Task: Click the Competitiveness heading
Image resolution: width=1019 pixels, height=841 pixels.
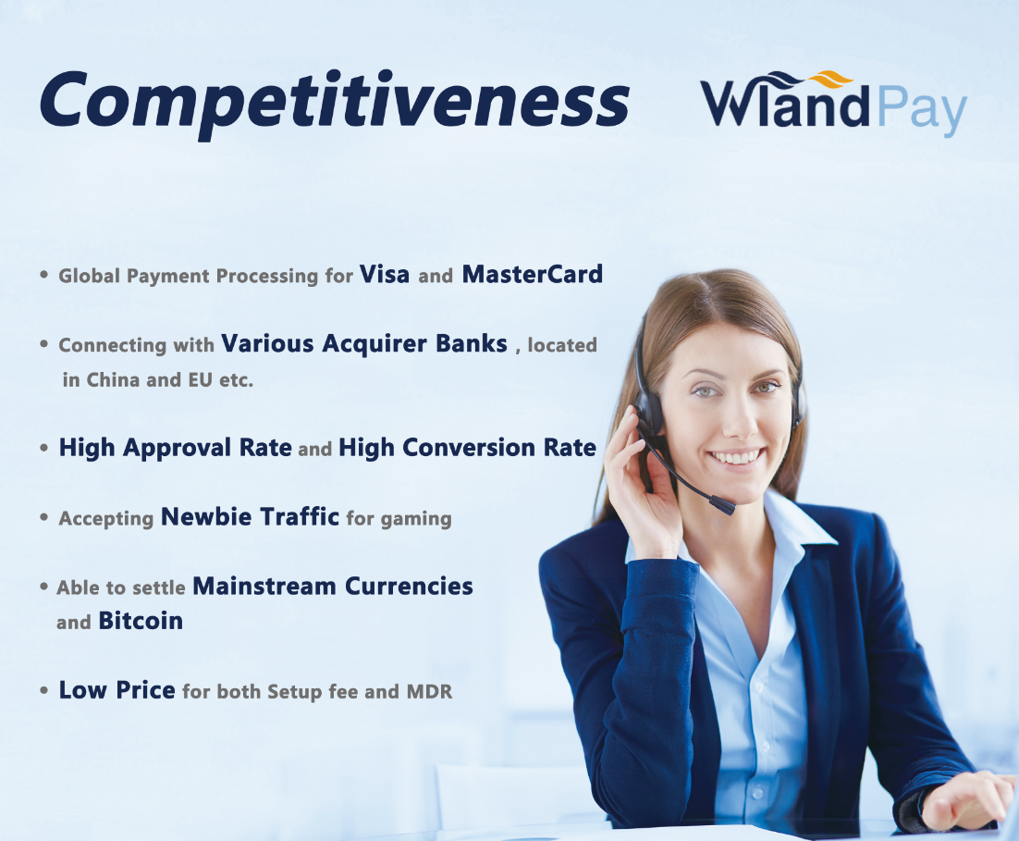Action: coord(335,102)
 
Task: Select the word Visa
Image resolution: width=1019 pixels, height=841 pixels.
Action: coord(384,274)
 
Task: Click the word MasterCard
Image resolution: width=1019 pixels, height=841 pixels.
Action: coord(533,274)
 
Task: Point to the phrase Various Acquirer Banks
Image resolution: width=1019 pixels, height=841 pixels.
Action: coord(364,343)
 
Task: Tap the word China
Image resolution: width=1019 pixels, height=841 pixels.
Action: coord(113,379)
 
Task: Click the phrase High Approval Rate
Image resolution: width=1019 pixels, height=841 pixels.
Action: coord(175,448)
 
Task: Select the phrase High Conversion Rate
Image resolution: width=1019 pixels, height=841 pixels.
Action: coord(467,448)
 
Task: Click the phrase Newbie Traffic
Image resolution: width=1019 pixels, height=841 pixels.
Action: coord(250,516)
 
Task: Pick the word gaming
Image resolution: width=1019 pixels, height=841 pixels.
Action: coord(416,519)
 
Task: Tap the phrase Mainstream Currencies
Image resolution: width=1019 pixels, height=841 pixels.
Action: coord(333,586)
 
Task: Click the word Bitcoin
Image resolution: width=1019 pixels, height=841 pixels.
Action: coord(141,621)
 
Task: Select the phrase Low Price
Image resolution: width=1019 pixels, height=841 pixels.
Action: coord(117,689)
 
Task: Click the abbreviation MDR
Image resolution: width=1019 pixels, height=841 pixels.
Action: coord(429,691)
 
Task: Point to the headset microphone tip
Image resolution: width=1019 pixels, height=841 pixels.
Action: coord(722,505)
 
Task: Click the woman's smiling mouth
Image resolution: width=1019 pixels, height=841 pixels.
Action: coord(736,456)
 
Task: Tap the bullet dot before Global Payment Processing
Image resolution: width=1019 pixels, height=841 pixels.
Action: coord(44,275)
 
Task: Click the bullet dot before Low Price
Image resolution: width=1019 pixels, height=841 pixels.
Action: coord(44,690)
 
